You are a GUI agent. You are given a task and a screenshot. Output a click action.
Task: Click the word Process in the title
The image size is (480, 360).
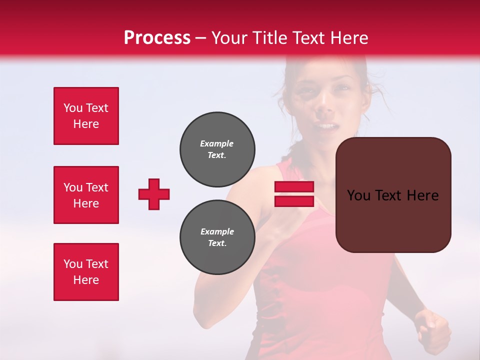pyautogui.click(x=157, y=38)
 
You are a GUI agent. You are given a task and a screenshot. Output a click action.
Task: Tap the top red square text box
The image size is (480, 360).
pyautogui.click(x=86, y=116)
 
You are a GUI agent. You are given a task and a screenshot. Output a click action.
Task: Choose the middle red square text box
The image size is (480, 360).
pyautogui.click(x=86, y=195)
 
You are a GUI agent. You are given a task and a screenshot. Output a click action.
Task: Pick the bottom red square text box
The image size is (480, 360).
pyautogui.click(x=86, y=272)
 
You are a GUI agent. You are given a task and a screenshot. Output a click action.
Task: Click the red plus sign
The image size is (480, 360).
pyautogui.click(x=154, y=194)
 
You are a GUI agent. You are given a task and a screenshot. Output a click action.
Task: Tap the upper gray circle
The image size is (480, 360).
pyautogui.click(x=217, y=149)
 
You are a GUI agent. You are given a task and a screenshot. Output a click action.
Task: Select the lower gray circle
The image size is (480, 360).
pyautogui.click(x=217, y=237)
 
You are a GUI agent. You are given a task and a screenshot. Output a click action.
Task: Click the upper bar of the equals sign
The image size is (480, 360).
pyautogui.click(x=294, y=187)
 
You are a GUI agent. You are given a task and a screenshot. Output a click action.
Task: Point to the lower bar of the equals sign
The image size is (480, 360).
pyautogui.click(x=294, y=201)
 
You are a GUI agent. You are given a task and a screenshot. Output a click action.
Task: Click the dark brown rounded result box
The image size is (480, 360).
pyautogui.click(x=393, y=220)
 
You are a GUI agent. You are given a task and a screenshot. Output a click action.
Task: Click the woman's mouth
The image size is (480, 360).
pyautogui.click(x=326, y=126)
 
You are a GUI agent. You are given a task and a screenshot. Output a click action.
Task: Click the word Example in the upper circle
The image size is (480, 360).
pyautogui.click(x=216, y=143)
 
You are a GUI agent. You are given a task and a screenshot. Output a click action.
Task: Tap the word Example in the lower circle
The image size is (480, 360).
pyautogui.click(x=217, y=231)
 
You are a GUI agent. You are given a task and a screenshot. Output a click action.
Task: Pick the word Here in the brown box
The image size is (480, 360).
pyautogui.click(x=422, y=195)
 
